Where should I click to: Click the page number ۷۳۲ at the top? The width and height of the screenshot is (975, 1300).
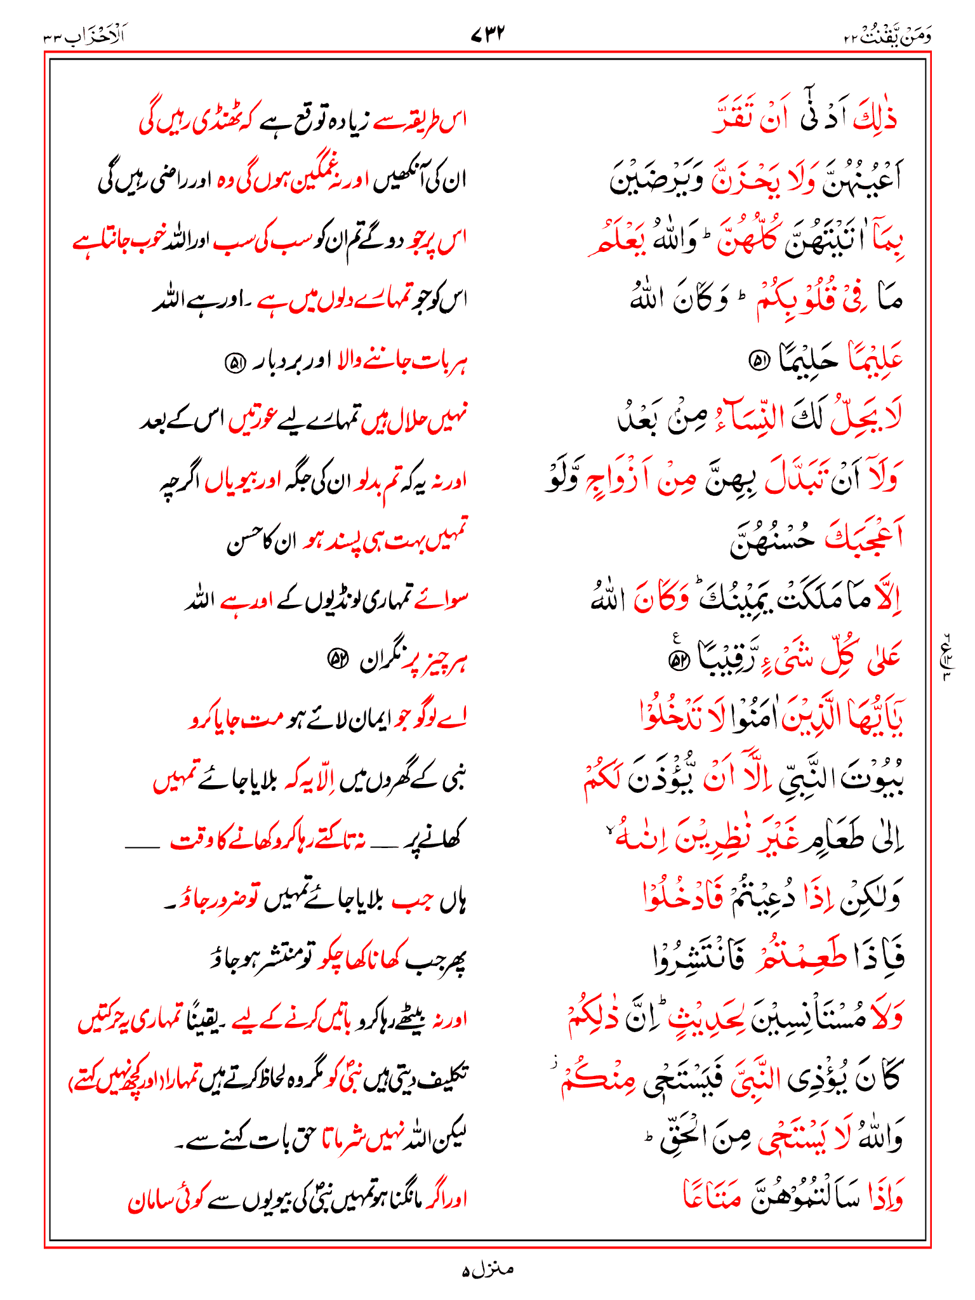click(487, 34)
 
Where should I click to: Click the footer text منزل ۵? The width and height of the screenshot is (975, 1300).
click(487, 1270)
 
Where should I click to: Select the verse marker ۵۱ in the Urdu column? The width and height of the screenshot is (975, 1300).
click(235, 363)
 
